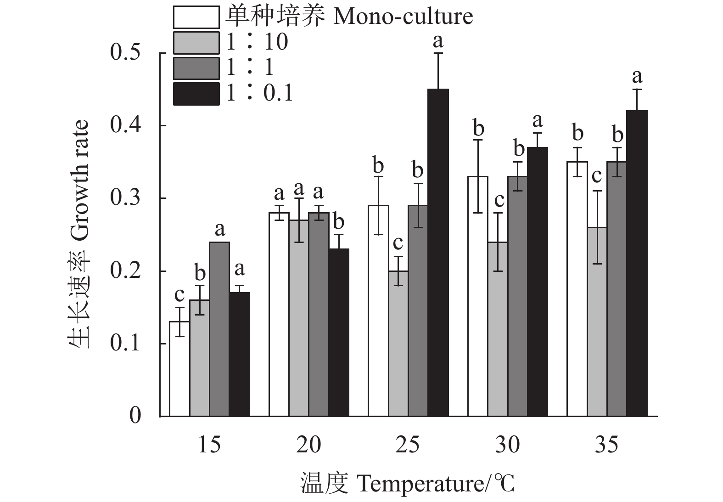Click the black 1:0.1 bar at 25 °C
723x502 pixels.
(438, 253)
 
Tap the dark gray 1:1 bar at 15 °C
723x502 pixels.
(219, 329)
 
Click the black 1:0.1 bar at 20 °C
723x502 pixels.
(339, 333)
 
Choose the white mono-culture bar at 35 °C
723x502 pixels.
(577, 289)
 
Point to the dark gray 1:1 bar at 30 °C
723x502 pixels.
(518, 296)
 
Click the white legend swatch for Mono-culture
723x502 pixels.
(196, 17)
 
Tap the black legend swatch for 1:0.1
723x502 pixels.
(196, 93)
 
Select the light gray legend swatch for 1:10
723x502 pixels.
(196, 43)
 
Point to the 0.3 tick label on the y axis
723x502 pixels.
(125, 198)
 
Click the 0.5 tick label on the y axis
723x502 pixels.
(125, 53)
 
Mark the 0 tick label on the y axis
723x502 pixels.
(135, 416)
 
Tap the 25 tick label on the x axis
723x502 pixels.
(408, 445)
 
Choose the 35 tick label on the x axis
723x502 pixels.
(607, 445)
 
